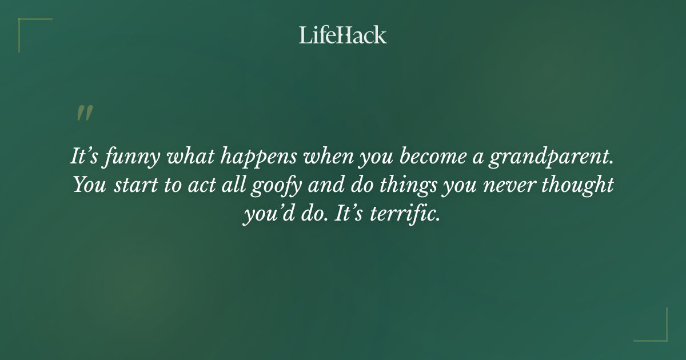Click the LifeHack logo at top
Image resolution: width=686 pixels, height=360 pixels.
[343, 35]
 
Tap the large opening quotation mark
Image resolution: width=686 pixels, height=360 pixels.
[84, 113]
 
